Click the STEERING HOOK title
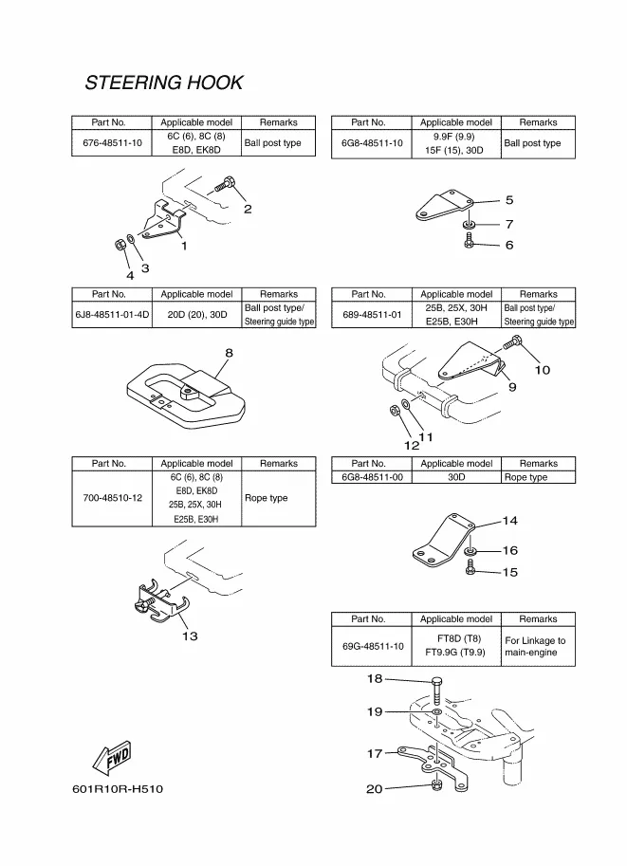163,83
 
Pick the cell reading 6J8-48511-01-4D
112,315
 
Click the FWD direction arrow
111,758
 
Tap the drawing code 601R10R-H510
110,789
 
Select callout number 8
229,353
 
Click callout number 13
190,636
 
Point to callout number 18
375,678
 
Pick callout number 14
510,521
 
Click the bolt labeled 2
225,185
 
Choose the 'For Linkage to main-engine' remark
536,646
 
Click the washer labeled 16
470,550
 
